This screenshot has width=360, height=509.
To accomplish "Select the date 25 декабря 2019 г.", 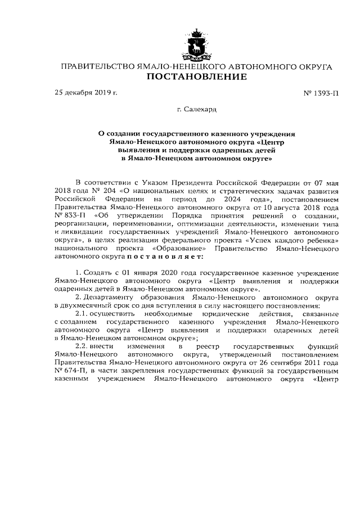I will click(x=85, y=92).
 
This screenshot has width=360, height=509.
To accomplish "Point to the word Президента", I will click(x=188, y=183).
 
